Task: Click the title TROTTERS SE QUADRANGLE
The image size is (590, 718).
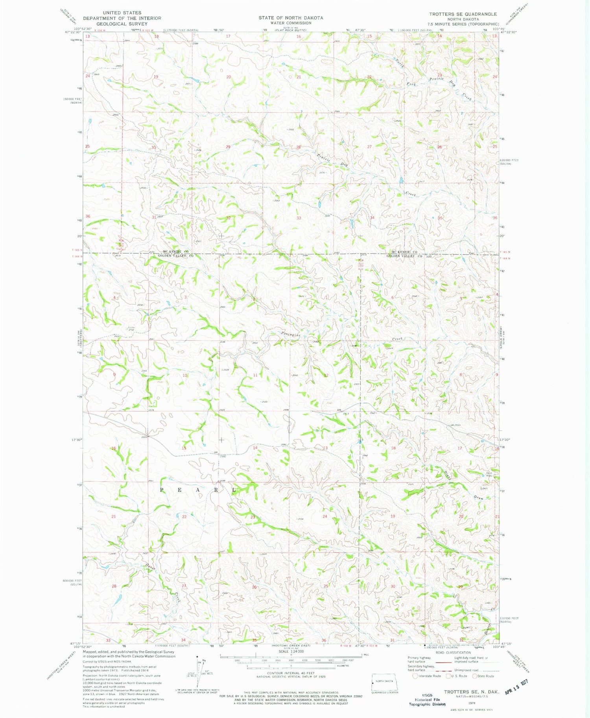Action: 463,14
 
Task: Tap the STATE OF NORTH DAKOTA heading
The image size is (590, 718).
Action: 291,18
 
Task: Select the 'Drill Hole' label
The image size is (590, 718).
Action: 489,474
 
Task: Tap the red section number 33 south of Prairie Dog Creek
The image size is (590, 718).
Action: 299,218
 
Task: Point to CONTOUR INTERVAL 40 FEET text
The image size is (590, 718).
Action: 291,674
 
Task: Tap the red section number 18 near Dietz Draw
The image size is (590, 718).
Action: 393,448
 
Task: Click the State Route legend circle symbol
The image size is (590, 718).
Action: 474,676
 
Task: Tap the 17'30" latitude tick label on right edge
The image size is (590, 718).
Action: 505,440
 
